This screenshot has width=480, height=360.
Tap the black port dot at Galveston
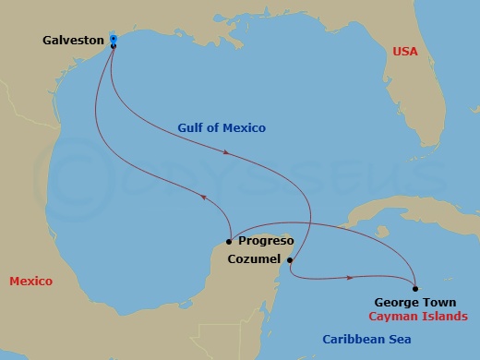click(113, 46)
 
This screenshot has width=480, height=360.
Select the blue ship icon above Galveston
click(113, 38)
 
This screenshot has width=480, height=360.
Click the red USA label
click(406, 52)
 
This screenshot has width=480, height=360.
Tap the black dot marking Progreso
click(228, 242)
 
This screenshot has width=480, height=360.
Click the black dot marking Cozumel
click(290, 260)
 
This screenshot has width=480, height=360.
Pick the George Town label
click(408, 301)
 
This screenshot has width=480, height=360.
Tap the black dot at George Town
click(415, 288)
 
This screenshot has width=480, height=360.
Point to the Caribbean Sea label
click(366, 340)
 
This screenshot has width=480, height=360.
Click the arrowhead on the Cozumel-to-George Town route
click(352, 277)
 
